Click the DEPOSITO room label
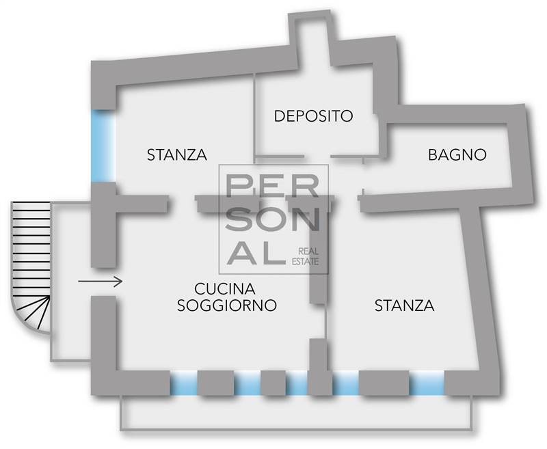(313, 115)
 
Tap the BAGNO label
(457, 154)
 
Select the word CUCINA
(225, 289)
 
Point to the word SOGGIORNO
(227, 305)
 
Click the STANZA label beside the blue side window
(177, 154)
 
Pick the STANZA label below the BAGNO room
(404, 305)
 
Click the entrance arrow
(100, 281)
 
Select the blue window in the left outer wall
(103, 146)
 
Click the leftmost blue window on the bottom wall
(184, 383)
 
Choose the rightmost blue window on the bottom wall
(427, 383)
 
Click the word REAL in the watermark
(308, 251)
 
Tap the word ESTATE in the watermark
(305, 262)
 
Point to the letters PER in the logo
(272, 186)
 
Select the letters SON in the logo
(272, 219)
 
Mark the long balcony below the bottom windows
(297, 412)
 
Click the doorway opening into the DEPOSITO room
(317, 157)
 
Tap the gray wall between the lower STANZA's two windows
(384, 383)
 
